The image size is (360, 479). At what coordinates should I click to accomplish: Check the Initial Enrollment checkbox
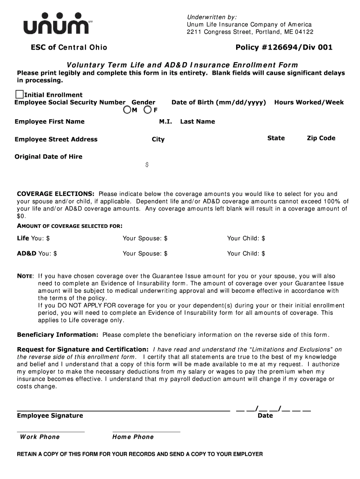[x=20, y=94]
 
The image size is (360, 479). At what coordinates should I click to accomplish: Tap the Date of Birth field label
[x=218, y=102]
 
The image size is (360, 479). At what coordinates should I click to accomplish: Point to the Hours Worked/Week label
[x=309, y=102]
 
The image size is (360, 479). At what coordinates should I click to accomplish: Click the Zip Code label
[x=321, y=138]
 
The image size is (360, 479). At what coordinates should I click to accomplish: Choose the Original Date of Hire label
[x=49, y=157]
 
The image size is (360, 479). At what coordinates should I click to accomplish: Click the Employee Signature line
[x=123, y=409]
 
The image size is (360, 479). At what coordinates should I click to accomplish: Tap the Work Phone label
[x=40, y=437]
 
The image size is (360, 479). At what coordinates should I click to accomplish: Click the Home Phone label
[x=133, y=437]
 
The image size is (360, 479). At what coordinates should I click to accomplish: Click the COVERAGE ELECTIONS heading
[x=56, y=194]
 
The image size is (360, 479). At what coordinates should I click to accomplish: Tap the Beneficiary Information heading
[x=58, y=335]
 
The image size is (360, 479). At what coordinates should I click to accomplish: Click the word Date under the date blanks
[x=265, y=416]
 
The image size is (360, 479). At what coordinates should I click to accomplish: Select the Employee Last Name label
[x=197, y=122]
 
